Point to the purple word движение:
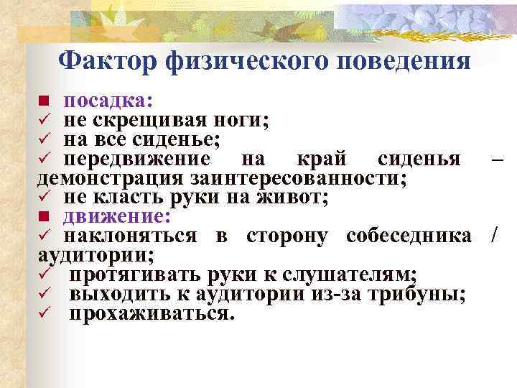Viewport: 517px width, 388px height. click(x=116, y=216)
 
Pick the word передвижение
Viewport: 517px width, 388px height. click(x=136, y=158)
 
